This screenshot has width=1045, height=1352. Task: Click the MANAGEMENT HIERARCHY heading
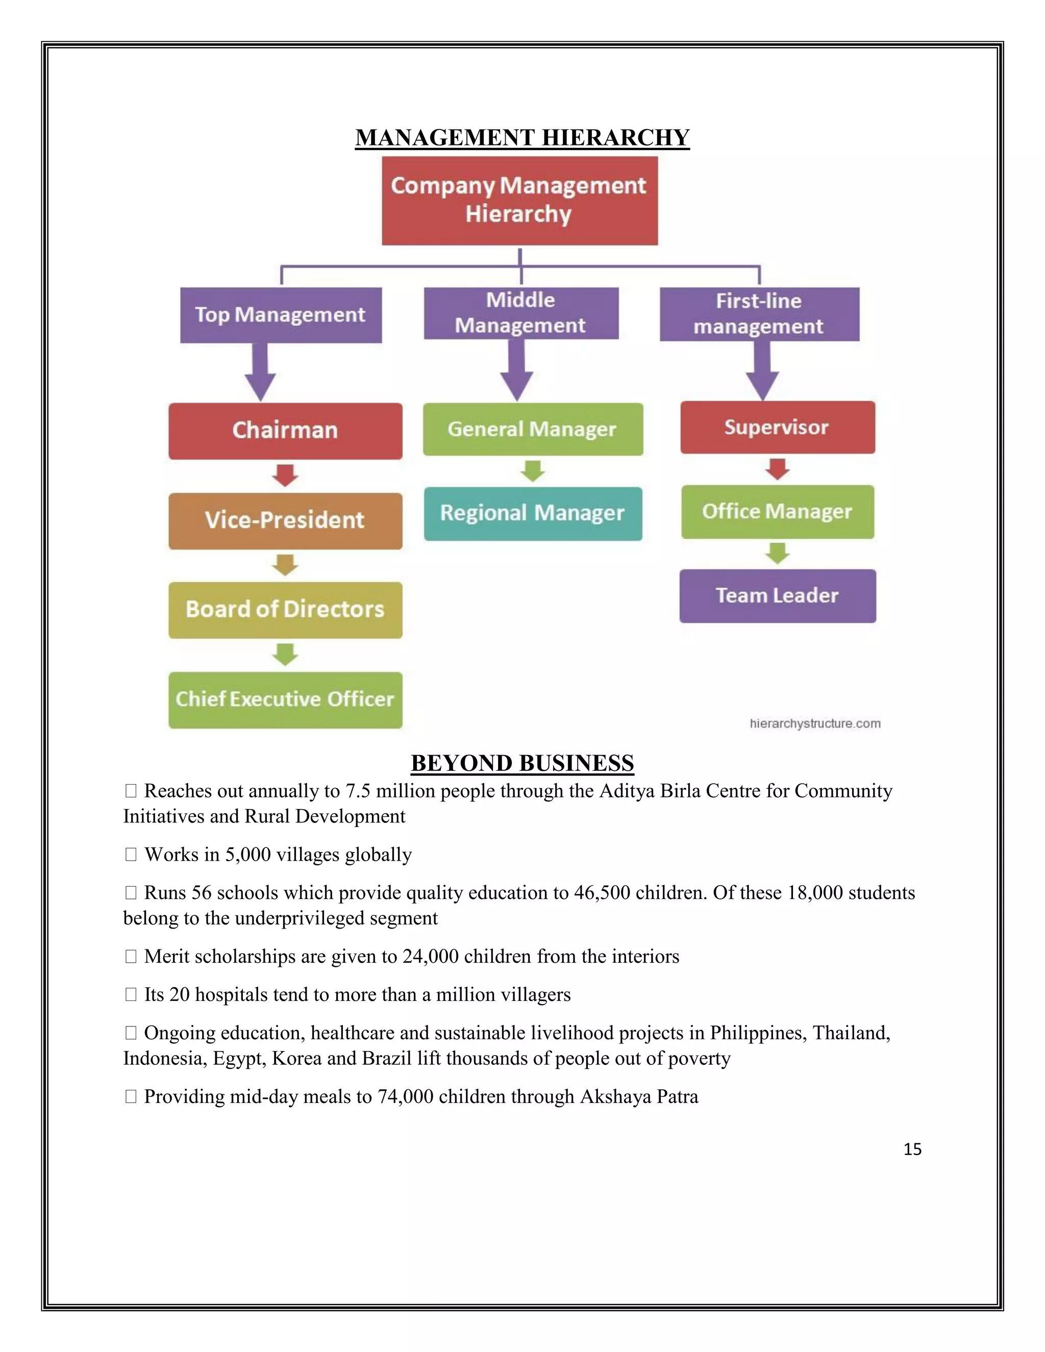pyautogui.click(x=522, y=137)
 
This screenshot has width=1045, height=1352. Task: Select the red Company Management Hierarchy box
pyautogui.click(x=519, y=200)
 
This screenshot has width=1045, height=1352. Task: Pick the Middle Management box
pyautogui.click(x=520, y=313)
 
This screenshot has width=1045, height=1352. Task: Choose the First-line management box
pyautogui.click(x=759, y=314)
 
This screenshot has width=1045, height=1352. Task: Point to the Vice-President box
pyautogui.click(x=285, y=520)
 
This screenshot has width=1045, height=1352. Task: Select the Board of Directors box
pyautogui.click(x=285, y=610)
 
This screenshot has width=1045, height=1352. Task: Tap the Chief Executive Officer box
pyautogui.click(x=285, y=699)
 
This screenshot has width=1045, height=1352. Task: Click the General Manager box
pyautogui.click(x=532, y=429)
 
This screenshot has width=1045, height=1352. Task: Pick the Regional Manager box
pyautogui.click(x=532, y=513)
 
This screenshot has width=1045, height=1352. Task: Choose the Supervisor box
pyautogui.click(x=777, y=427)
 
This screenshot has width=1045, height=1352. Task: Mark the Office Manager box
pyautogui.click(x=777, y=511)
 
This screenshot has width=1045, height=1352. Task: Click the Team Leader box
pyautogui.click(x=777, y=595)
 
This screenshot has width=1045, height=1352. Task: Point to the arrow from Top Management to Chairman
pyautogui.click(x=260, y=371)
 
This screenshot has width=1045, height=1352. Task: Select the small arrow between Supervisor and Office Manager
pyautogui.click(x=777, y=469)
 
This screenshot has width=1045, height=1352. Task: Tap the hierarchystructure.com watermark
pyautogui.click(x=815, y=723)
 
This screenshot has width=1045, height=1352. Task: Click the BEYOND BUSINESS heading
pyautogui.click(x=522, y=763)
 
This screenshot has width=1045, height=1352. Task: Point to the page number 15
pyautogui.click(x=912, y=1149)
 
